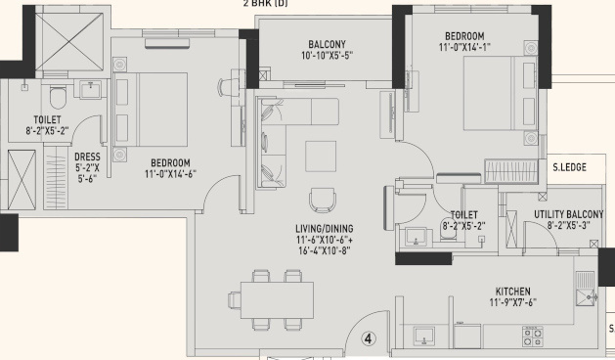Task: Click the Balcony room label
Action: point(327,44)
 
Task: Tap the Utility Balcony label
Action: point(568,214)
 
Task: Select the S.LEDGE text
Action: point(569,167)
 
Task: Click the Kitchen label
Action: point(513,292)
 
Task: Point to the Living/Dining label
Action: point(324,229)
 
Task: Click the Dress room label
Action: point(87,157)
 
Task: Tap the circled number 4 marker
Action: point(368,338)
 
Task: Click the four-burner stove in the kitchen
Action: point(533,337)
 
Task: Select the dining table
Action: point(277,300)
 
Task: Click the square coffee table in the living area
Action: point(321,157)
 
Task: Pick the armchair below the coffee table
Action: point(323,200)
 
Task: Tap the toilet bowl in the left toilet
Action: point(58,97)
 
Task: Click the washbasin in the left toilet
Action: point(91,89)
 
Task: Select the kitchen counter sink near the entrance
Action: point(423,337)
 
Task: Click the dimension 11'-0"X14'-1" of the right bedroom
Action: point(464,47)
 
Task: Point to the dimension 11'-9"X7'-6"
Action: point(513,302)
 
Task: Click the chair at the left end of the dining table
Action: point(235,300)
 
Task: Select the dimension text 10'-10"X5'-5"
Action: point(327,55)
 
